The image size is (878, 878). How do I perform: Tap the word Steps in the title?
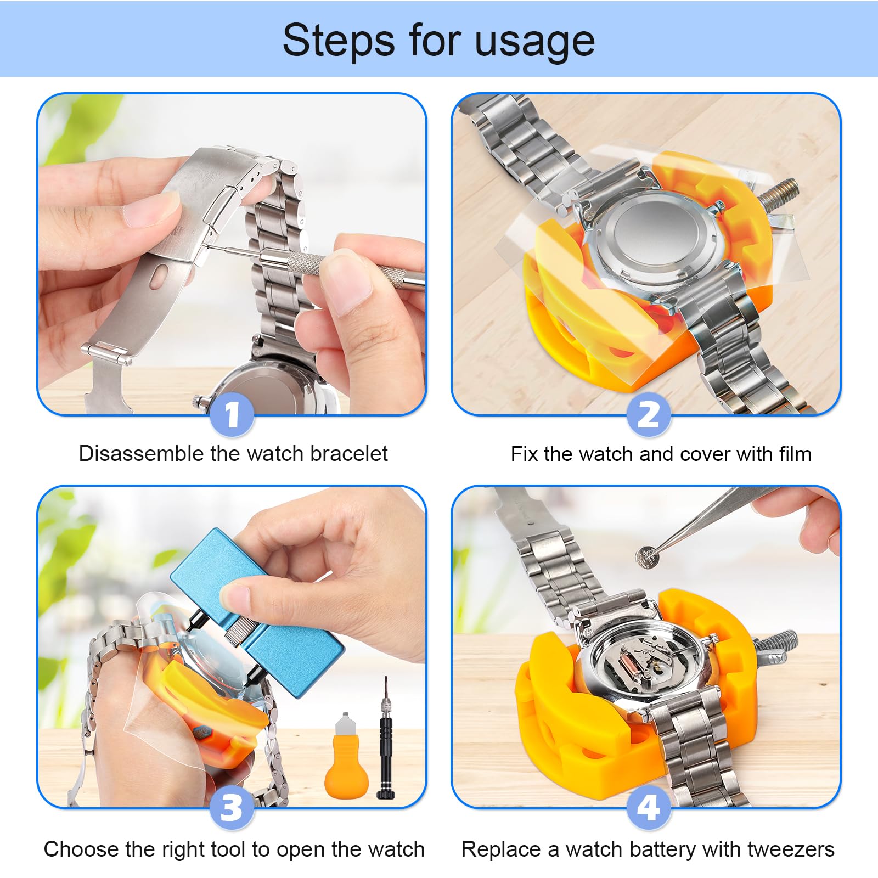click(339, 40)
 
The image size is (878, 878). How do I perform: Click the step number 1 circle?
click(232, 414)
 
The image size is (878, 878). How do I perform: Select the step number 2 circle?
click(649, 414)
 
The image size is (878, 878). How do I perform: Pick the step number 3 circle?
click(232, 807)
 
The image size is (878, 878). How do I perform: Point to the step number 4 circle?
click(649, 807)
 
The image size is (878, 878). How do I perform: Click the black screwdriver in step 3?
click(386, 738)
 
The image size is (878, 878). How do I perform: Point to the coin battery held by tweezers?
click(647, 558)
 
